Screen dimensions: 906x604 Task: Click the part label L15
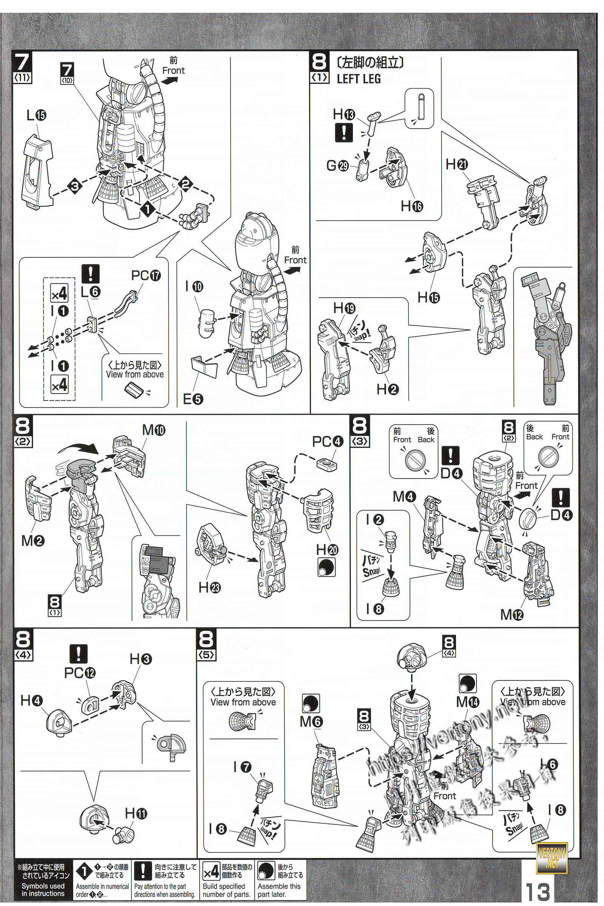pos(36,116)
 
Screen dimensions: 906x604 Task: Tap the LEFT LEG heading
pos(359,79)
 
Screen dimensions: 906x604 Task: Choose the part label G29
pos(337,167)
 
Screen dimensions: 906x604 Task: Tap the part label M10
pos(154,430)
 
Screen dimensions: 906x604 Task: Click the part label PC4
pos(327,442)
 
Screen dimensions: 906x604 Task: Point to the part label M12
pos(512,615)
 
